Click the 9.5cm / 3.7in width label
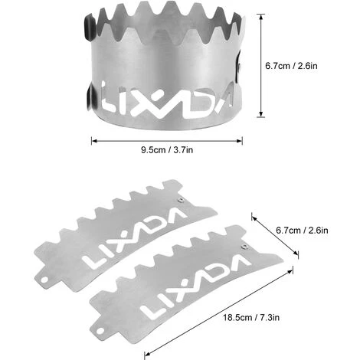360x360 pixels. point(167,150)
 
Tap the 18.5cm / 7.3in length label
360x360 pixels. point(251,318)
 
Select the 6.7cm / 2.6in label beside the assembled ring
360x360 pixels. point(291,66)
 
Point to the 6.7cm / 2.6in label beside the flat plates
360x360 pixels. point(302,231)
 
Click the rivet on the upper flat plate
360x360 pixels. point(181,200)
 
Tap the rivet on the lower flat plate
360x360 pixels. point(244,247)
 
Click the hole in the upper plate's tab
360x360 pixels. point(44,280)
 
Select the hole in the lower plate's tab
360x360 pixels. point(100,331)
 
